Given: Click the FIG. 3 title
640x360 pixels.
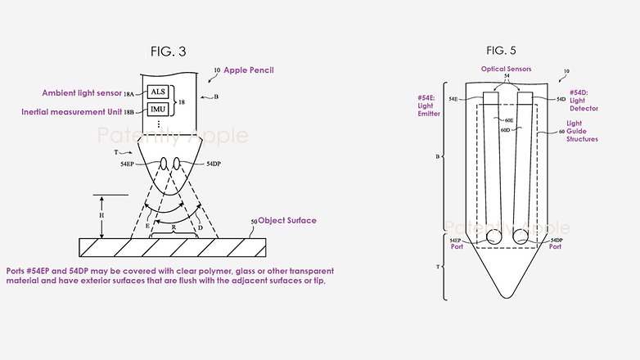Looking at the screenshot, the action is pyautogui.click(x=168, y=52).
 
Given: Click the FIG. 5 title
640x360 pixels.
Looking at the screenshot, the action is pyautogui.click(x=501, y=51).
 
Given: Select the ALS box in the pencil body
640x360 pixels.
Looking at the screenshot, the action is pyautogui.click(x=158, y=92).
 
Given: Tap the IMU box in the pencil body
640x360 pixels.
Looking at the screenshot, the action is pyautogui.click(x=158, y=110).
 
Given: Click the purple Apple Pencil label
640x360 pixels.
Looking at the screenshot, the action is pyautogui.click(x=249, y=70).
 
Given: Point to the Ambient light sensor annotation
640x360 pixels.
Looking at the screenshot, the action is pyautogui.click(x=82, y=93).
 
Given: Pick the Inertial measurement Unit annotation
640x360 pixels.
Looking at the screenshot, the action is pyautogui.click(x=72, y=112).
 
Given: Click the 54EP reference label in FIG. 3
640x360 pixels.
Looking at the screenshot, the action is pyautogui.click(x=127, y=164).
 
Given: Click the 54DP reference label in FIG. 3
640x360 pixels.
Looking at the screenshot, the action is pyautogui.click(x=213, y=164).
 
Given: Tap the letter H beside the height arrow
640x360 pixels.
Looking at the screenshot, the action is pyautogui.click(x=101, y=215).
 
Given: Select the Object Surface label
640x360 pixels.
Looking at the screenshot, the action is pyautogui.click(x=287, y=220).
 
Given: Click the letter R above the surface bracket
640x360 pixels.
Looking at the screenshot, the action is pyautogui.click(x=174, y=227).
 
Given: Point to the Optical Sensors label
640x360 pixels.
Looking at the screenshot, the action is pyautogui.click(x=506, y=69).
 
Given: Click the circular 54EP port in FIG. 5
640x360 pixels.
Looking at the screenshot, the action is pyautogui.click(x=494, y=236).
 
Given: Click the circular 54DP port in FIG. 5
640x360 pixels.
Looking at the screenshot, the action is pyautogui.click(x=520, y=236).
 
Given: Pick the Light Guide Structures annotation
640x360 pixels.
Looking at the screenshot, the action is pyautogui.click(x=582, y=131).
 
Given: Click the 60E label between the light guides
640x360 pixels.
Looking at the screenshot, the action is pyautogui.click(x=508, y=120).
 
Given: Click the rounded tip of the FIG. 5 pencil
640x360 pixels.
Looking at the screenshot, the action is pyautogui.click(x=506, y=295).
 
